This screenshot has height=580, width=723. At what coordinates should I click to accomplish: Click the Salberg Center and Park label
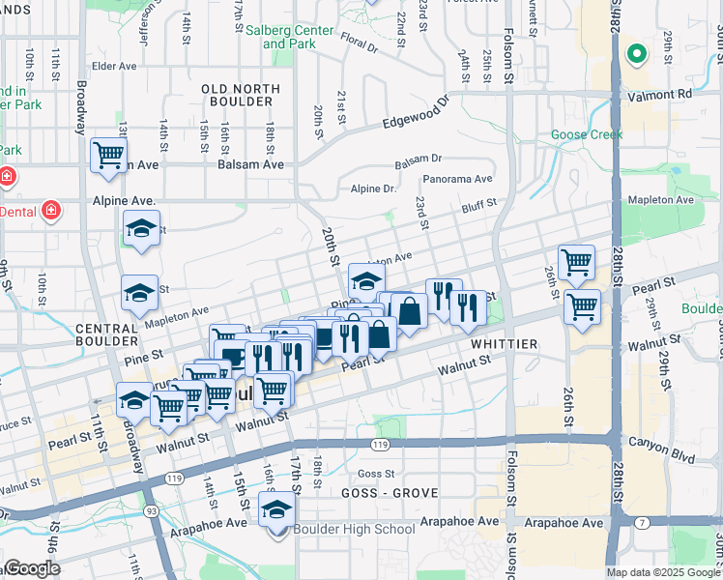coord(289,37)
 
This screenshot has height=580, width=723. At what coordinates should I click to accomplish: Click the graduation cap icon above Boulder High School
coord(277,508)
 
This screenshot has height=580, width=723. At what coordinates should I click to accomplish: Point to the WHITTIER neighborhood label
coord(504,344)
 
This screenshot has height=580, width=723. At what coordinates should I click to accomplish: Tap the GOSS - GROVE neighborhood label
coord(390,493)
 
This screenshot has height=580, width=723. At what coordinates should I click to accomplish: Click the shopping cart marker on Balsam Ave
coord(109,155)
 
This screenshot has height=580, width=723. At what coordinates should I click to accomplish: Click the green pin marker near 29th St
coord(635,55)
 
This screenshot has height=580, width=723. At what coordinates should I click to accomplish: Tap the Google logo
coord(32,568)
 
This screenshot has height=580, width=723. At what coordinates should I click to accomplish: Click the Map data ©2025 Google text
coord(662,572)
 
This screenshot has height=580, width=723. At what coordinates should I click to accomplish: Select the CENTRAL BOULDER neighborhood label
coord(106,334)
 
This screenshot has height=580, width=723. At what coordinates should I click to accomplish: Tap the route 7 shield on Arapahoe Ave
coord(643,523)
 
